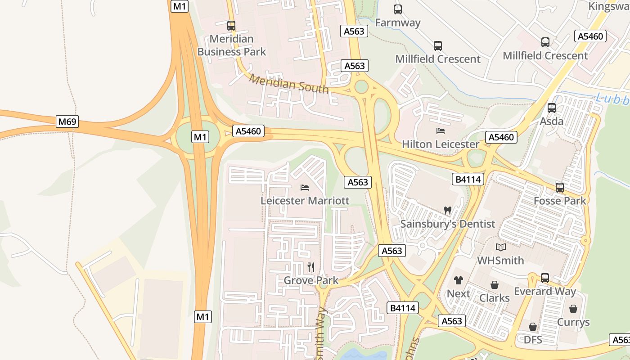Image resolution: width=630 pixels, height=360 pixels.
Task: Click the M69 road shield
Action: [x=67, y=121]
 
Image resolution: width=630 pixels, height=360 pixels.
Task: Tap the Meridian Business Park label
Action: [x=232, y=45]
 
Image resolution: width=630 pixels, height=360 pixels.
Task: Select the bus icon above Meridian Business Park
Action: [x=231, y=26]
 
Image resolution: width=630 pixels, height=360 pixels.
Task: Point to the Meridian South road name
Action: [x=289, y=84]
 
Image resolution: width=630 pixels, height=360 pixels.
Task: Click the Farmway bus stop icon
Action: [x=398, y=9]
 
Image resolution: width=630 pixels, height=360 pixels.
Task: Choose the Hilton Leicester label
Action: [x=440, y=144]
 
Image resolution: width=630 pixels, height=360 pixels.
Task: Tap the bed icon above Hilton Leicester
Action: [x=441, y=131]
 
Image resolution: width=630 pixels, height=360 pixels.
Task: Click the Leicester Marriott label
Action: [x=305, y=201]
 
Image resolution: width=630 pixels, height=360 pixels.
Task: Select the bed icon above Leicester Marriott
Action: [x=305, y=187]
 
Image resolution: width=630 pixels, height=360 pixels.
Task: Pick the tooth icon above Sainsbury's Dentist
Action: [x=447, y=210]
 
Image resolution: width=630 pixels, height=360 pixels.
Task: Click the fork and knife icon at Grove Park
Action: [x=310, y=267]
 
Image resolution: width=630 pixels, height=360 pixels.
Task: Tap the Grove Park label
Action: [x=310, y=281]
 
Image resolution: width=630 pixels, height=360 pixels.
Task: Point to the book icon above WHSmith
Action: [x=500, y=247]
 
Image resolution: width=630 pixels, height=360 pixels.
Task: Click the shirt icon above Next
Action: [x=458, y=280]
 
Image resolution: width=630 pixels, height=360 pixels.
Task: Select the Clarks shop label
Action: [x=494, y=298]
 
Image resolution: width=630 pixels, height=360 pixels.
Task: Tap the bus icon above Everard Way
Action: [x=545, y=278]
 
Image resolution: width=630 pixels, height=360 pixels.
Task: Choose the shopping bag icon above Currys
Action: [x=573, y=309]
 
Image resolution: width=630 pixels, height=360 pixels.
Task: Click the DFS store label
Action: [x=533, y=339]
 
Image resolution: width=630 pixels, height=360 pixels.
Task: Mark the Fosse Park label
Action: [x=560, y=201]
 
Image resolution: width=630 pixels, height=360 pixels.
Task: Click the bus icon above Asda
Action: [x=552, y=108]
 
